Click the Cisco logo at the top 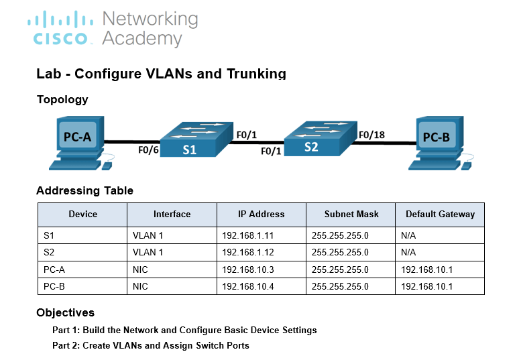pyautogui.click(x=60, y=27)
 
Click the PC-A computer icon pyautogui.click(x=81, y=143)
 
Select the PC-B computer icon pyautogui.click(x=441, y=143)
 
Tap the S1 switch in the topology pyautogui.click(x=196, y=139)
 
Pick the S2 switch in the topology pyautogui.click(x=321, y=139)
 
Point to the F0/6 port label pyautogui.click(x=148, y=150)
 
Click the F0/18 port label pyautogui.click(x=371, y=135)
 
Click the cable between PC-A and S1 pyautogui.click(x=132, y=142)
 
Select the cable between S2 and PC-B pyautogui.click(x=384, y=143)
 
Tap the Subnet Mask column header pyautogui.click(x=351, y=215)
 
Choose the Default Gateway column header pyautogui.click(x=440, y=215)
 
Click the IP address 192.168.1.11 pyautogui.click(x=247, y=236)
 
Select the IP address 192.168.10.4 pyautogui.click(x=247, y=286)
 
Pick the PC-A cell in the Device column pyautogui.click(x=54, y=269)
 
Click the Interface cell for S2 pyautogui.click(x=148, y=253)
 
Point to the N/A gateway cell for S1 pyautogui.click(x=408, y=236)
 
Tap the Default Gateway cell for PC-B pyautogui.click(x=426, y=286)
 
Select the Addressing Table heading pyautogui.click(x=84, y=190)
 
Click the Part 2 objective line pyautogui.click(x=151, y=345)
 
